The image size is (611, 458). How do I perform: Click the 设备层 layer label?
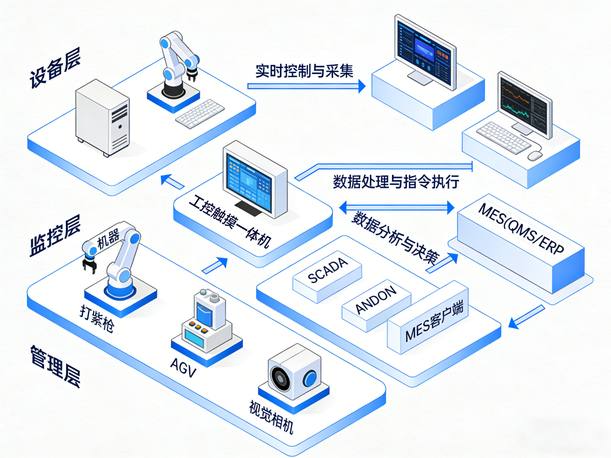point(55,68)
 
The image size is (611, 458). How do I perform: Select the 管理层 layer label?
point(55,366)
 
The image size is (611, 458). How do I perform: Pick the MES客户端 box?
point(434,322)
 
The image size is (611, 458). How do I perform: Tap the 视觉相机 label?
point(271,417)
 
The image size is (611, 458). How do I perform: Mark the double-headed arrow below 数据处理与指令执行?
point(396,207)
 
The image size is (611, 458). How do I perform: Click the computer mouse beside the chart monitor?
point(535,156)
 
